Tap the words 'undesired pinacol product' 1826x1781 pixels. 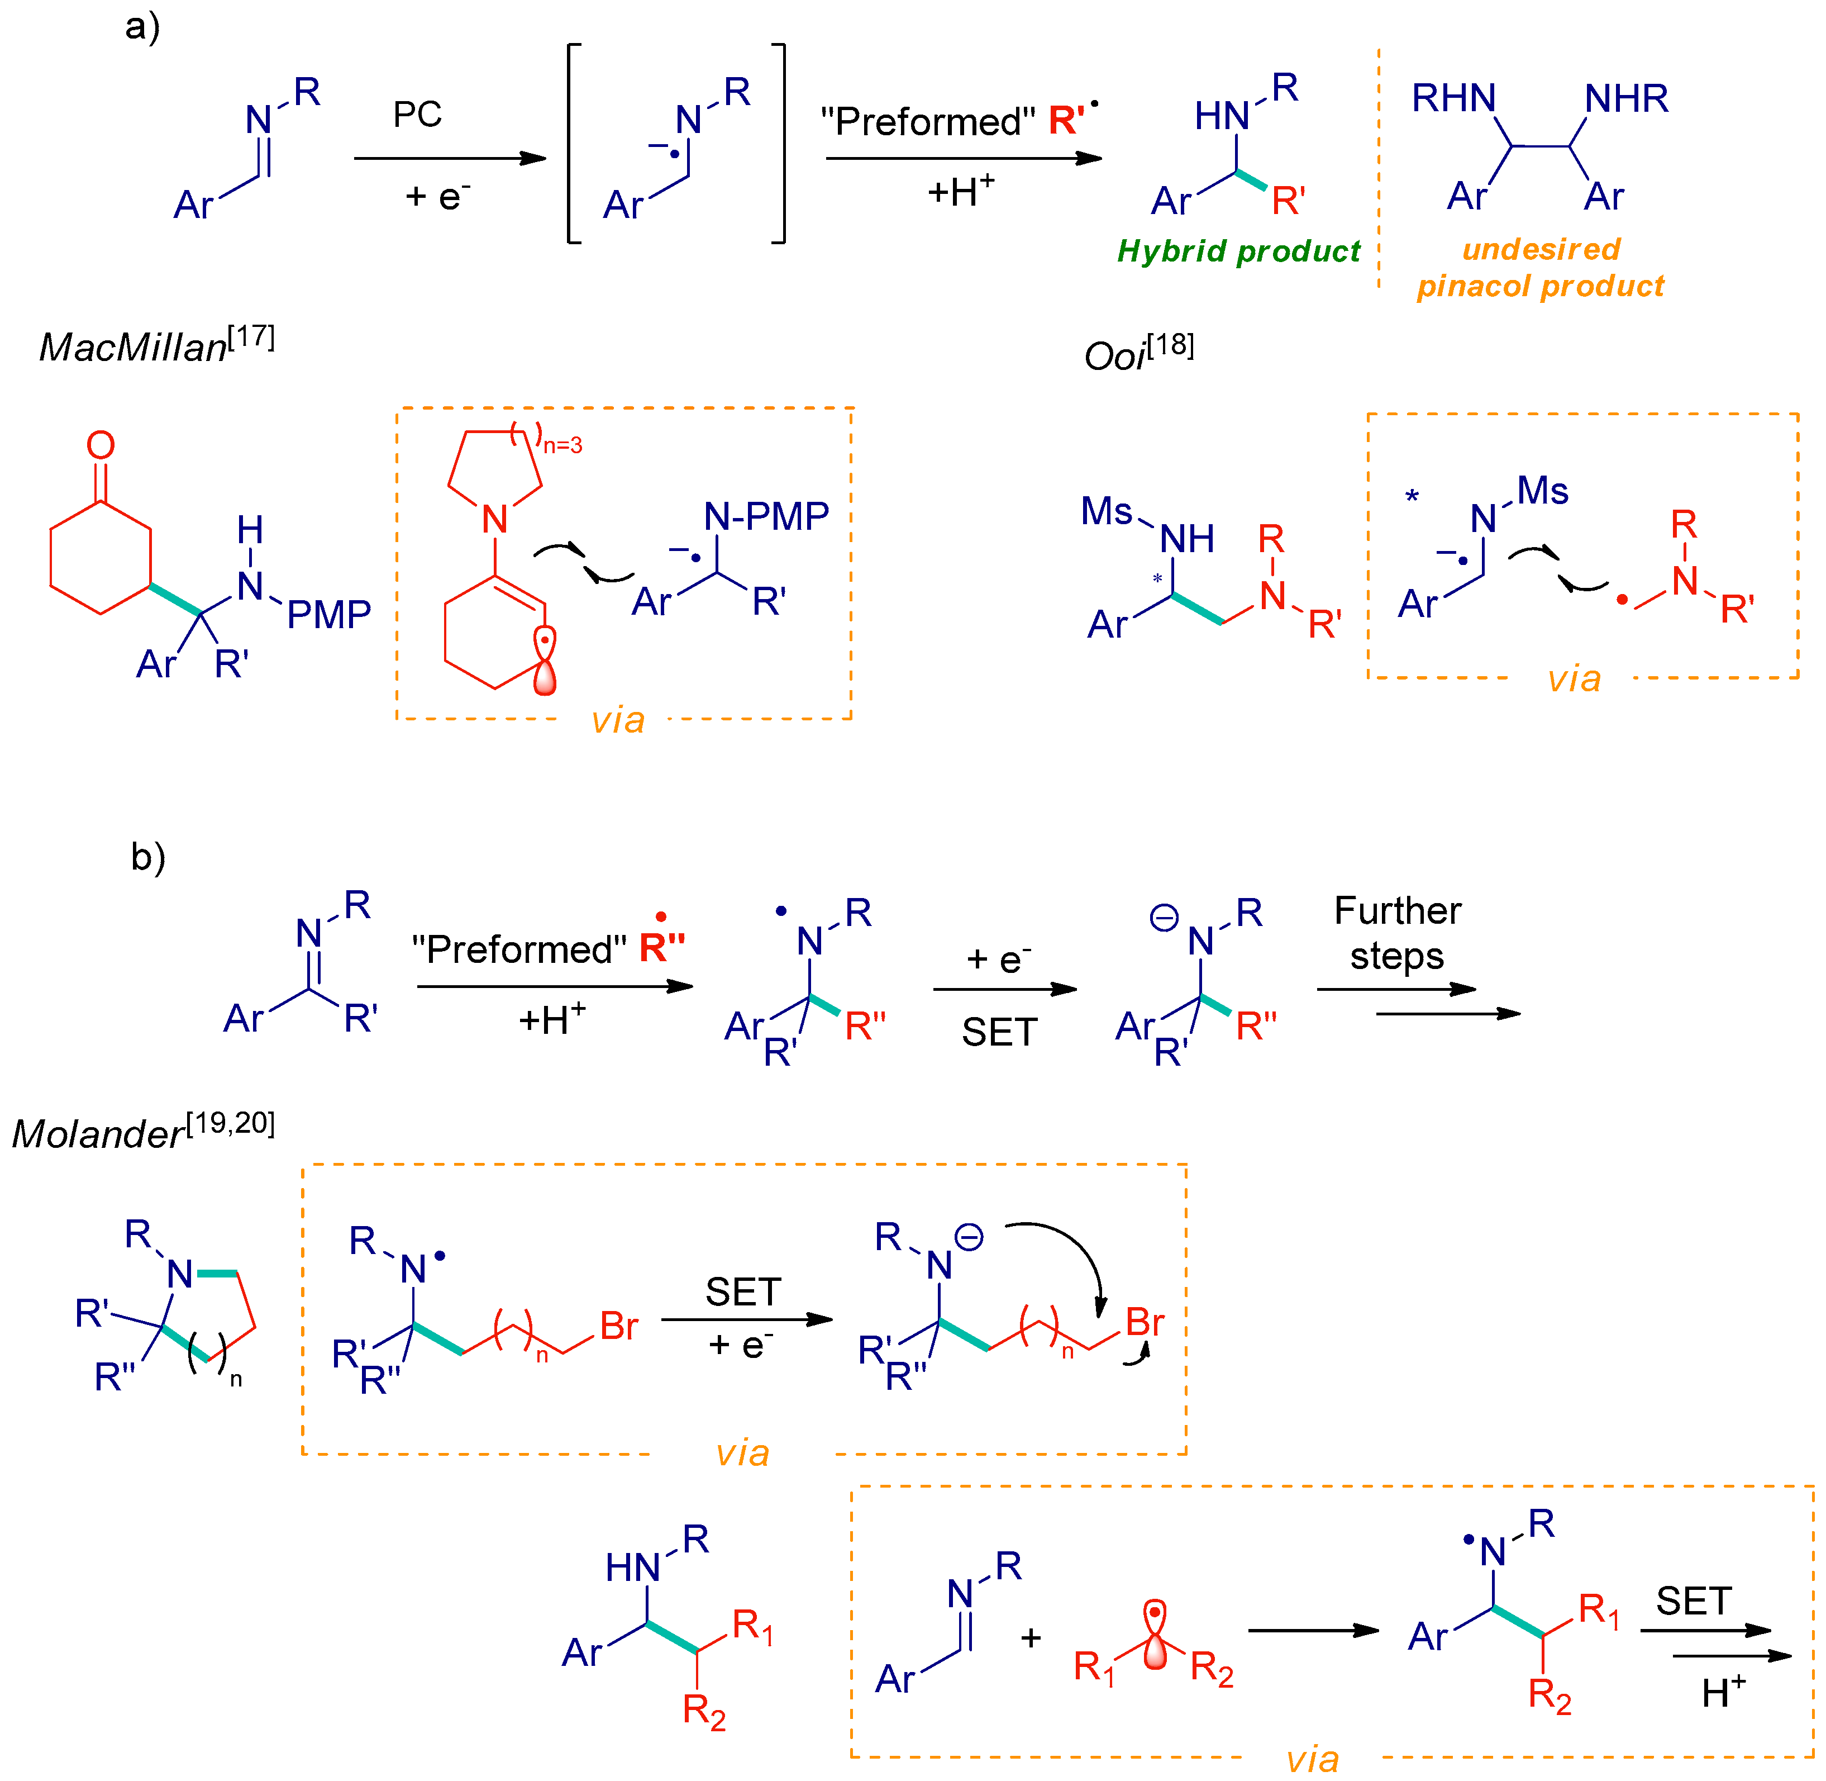point(1540,268)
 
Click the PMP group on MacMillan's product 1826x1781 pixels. point(328,615)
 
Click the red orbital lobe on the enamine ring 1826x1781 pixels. point(544,672)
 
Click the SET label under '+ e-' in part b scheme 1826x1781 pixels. point(999,1032)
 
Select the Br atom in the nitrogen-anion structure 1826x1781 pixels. point(1145,1322)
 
